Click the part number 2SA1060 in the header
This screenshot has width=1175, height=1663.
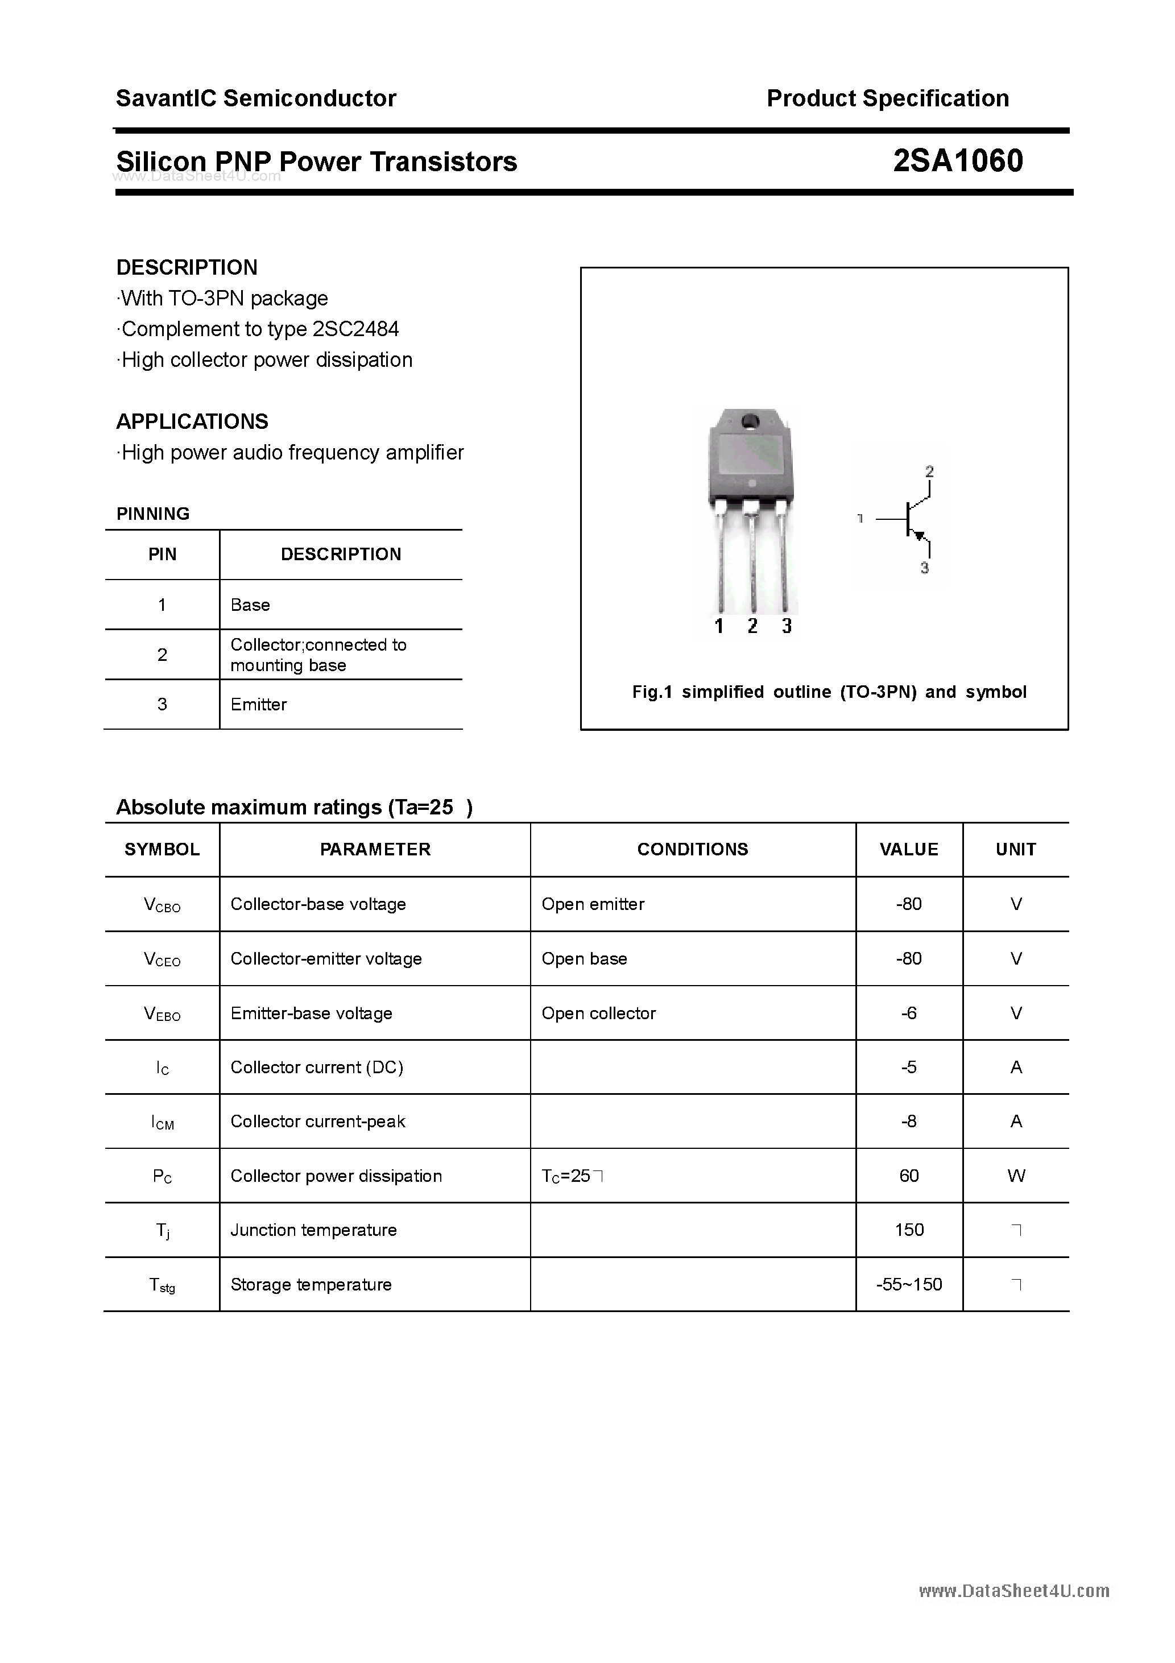point(958,161)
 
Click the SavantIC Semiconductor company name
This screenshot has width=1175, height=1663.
point(256,98)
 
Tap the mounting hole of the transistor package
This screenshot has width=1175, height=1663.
point(750,421)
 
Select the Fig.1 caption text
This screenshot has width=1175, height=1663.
point(829,692)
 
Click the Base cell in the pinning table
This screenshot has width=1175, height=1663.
point(250,605)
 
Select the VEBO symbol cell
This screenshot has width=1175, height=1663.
point(162,1013)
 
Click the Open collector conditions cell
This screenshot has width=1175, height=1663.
point(598,1013)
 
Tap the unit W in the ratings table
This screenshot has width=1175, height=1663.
point(1016,1176)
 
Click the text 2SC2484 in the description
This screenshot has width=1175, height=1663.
point(355,329)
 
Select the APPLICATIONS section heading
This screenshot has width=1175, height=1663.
point(192,421)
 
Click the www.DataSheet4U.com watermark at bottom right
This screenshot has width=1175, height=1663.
point(1013,1591)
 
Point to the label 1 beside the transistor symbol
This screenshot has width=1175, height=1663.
point(860,519)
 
